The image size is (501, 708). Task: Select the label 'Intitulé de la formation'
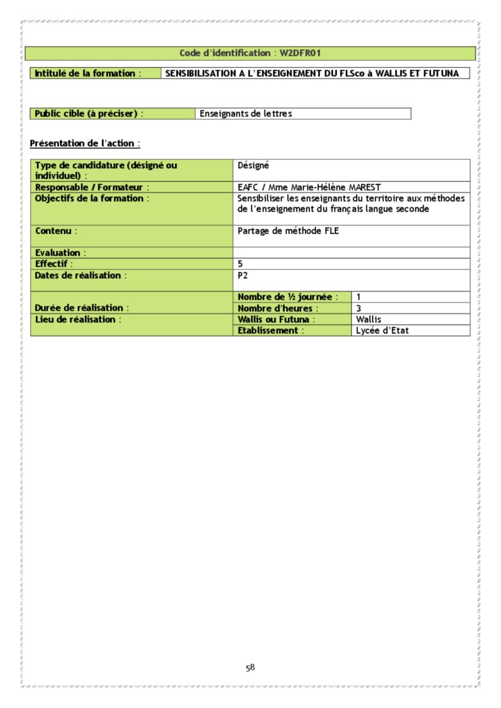pos(85,74)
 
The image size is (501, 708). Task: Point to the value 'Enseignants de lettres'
pos(245,114)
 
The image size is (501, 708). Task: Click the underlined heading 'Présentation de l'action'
pos(85,143)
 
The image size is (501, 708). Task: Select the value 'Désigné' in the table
pos(253,165)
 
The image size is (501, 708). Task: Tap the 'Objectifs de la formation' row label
pos(92,198)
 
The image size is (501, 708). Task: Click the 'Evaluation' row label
pos(60,253)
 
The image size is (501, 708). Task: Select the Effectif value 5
pos(240,264)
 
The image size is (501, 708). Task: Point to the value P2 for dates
pos(242,275)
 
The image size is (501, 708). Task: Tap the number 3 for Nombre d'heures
pos(359,308)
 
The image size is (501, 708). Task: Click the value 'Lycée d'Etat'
pos(382,331)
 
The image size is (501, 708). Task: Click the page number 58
pos(250,668)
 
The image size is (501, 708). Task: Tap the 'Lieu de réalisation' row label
pos(78,319)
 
